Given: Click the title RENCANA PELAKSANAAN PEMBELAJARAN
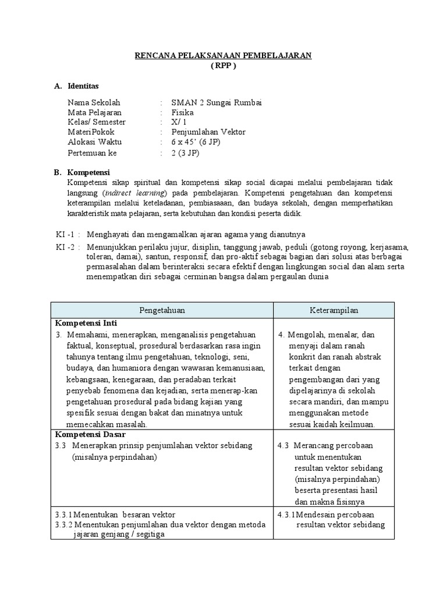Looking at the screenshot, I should pos(223,55).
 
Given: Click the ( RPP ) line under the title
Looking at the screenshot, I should pos(223,65).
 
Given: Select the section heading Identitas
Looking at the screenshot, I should pos(84,86).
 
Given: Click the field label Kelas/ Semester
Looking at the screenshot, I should pos(97,122).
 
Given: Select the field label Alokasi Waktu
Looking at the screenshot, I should pos(94,142).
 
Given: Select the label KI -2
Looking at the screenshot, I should pos(65,247).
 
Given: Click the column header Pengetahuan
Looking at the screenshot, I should pos(162,310).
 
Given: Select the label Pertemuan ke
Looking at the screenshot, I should pos(93,152).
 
